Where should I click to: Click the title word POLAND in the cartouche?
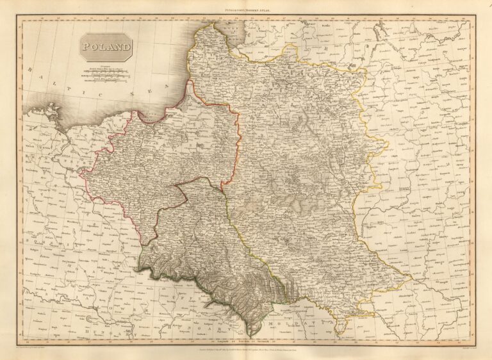click(106, 47)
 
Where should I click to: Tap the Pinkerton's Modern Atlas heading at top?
click(246, 11)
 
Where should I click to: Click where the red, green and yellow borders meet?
click(229, 197)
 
